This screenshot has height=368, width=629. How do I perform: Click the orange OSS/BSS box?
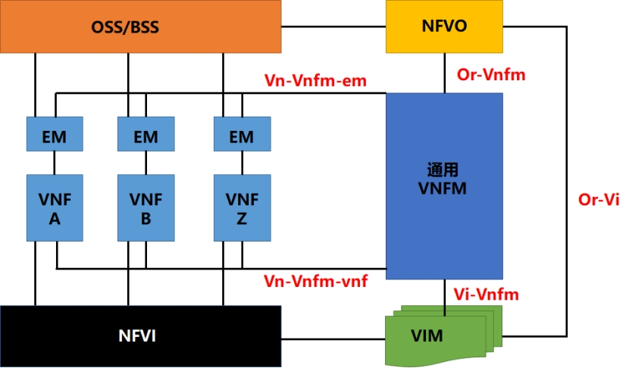140,27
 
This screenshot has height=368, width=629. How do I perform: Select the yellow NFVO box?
444,27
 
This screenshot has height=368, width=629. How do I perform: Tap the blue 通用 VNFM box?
444,186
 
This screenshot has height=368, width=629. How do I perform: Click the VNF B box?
146,208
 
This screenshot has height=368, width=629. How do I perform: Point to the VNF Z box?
241,208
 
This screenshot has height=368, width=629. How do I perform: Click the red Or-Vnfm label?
491,75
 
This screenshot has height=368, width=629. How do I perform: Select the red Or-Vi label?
599,199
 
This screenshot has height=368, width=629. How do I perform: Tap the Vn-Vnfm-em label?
315,80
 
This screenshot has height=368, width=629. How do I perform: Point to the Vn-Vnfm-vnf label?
315,281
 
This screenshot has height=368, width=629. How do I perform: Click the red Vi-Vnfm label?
486,294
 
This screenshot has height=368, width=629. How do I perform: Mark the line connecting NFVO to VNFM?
444,73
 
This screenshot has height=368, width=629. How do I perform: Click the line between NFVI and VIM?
333,336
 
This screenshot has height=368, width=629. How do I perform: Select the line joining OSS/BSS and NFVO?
333,27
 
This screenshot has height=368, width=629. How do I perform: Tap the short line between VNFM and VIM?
444,292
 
